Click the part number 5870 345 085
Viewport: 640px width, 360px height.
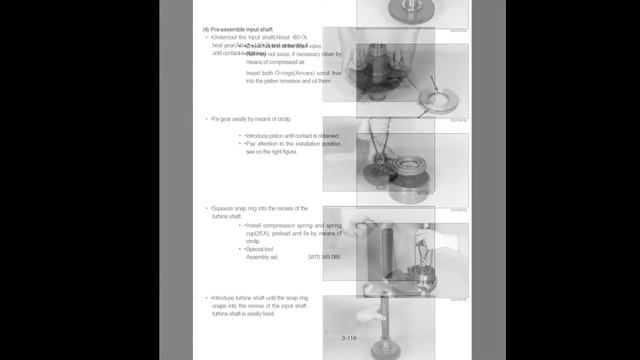tap(325, 257)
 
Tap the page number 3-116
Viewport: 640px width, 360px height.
tap(350, 338)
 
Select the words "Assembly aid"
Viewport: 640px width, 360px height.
tap(264, 257)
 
